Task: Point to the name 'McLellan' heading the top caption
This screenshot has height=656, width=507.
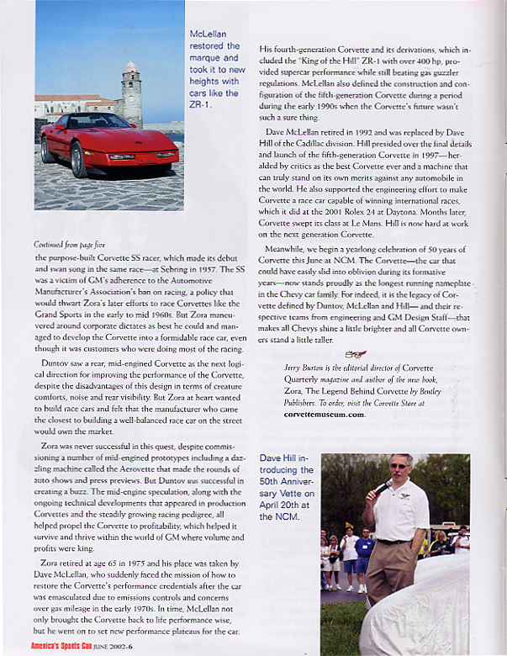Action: (210, 34)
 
